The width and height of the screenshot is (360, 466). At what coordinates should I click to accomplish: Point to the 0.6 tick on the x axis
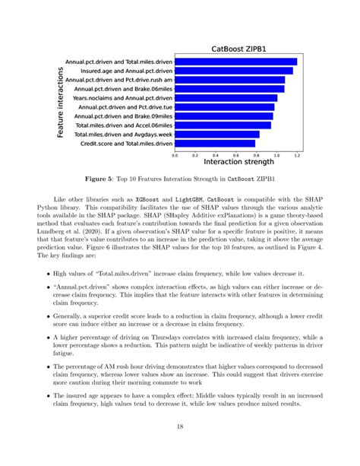point(235,154)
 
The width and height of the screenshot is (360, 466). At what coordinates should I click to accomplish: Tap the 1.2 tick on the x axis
point(297,154)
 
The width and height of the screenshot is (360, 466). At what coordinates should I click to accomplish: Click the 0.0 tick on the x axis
point(175,154)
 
